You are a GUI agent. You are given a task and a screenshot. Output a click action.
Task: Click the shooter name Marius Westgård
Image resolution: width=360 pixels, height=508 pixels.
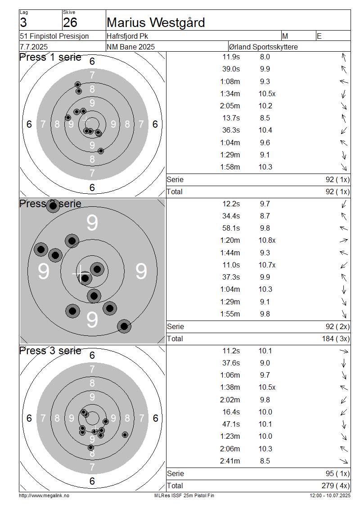[x=156, y=22]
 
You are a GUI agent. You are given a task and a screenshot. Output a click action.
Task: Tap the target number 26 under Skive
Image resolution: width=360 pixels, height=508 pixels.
[x=70, y=22]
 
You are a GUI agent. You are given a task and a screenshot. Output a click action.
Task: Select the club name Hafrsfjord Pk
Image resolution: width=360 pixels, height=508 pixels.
[x=127, y=36]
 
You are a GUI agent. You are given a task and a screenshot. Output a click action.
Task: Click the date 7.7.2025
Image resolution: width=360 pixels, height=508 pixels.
[x=34, y=47]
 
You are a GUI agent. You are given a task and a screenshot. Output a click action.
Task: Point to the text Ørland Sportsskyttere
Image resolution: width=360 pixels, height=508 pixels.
[x=263, y=47]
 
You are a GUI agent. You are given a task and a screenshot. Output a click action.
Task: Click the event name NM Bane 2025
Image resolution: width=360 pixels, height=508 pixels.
[x=130, y=47]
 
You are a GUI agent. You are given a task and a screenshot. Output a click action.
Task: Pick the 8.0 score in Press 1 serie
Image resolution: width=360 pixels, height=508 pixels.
[x=265, y=57]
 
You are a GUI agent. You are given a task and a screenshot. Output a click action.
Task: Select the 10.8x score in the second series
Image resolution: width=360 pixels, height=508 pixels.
[x=267, y=241]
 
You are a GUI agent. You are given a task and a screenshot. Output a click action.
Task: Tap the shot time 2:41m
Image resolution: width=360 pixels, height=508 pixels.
[x=230, y=461]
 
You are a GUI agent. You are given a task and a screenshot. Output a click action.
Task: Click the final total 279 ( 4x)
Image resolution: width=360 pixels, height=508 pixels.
[x=336, y=486]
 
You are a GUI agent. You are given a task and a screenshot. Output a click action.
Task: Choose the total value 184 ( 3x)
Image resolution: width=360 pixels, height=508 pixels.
[x=336, y=339]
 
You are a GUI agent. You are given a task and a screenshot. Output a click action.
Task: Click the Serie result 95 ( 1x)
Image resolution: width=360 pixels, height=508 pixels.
[x=337, y=474]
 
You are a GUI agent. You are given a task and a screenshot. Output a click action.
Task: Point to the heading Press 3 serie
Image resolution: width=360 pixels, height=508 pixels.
[x=50, y=351]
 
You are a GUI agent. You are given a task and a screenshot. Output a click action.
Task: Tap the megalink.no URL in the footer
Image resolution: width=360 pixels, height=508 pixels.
[x=44, y=496]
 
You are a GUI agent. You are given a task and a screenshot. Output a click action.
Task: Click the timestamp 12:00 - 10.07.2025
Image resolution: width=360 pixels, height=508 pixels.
[x=330, y=496]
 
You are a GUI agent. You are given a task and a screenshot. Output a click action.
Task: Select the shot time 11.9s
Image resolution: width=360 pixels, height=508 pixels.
[x=231, y=57]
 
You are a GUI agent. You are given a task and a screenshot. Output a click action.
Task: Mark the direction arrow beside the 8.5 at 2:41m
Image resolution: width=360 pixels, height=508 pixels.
[x=344, y=461]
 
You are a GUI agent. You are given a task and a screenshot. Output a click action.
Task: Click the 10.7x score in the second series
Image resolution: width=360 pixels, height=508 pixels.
[x=267, y=265]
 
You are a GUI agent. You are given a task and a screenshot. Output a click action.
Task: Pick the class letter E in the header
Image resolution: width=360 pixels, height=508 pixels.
[x=319, y=36]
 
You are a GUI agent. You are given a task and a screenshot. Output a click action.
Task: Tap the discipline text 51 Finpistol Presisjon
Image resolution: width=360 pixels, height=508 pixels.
[x=54, y=36]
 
